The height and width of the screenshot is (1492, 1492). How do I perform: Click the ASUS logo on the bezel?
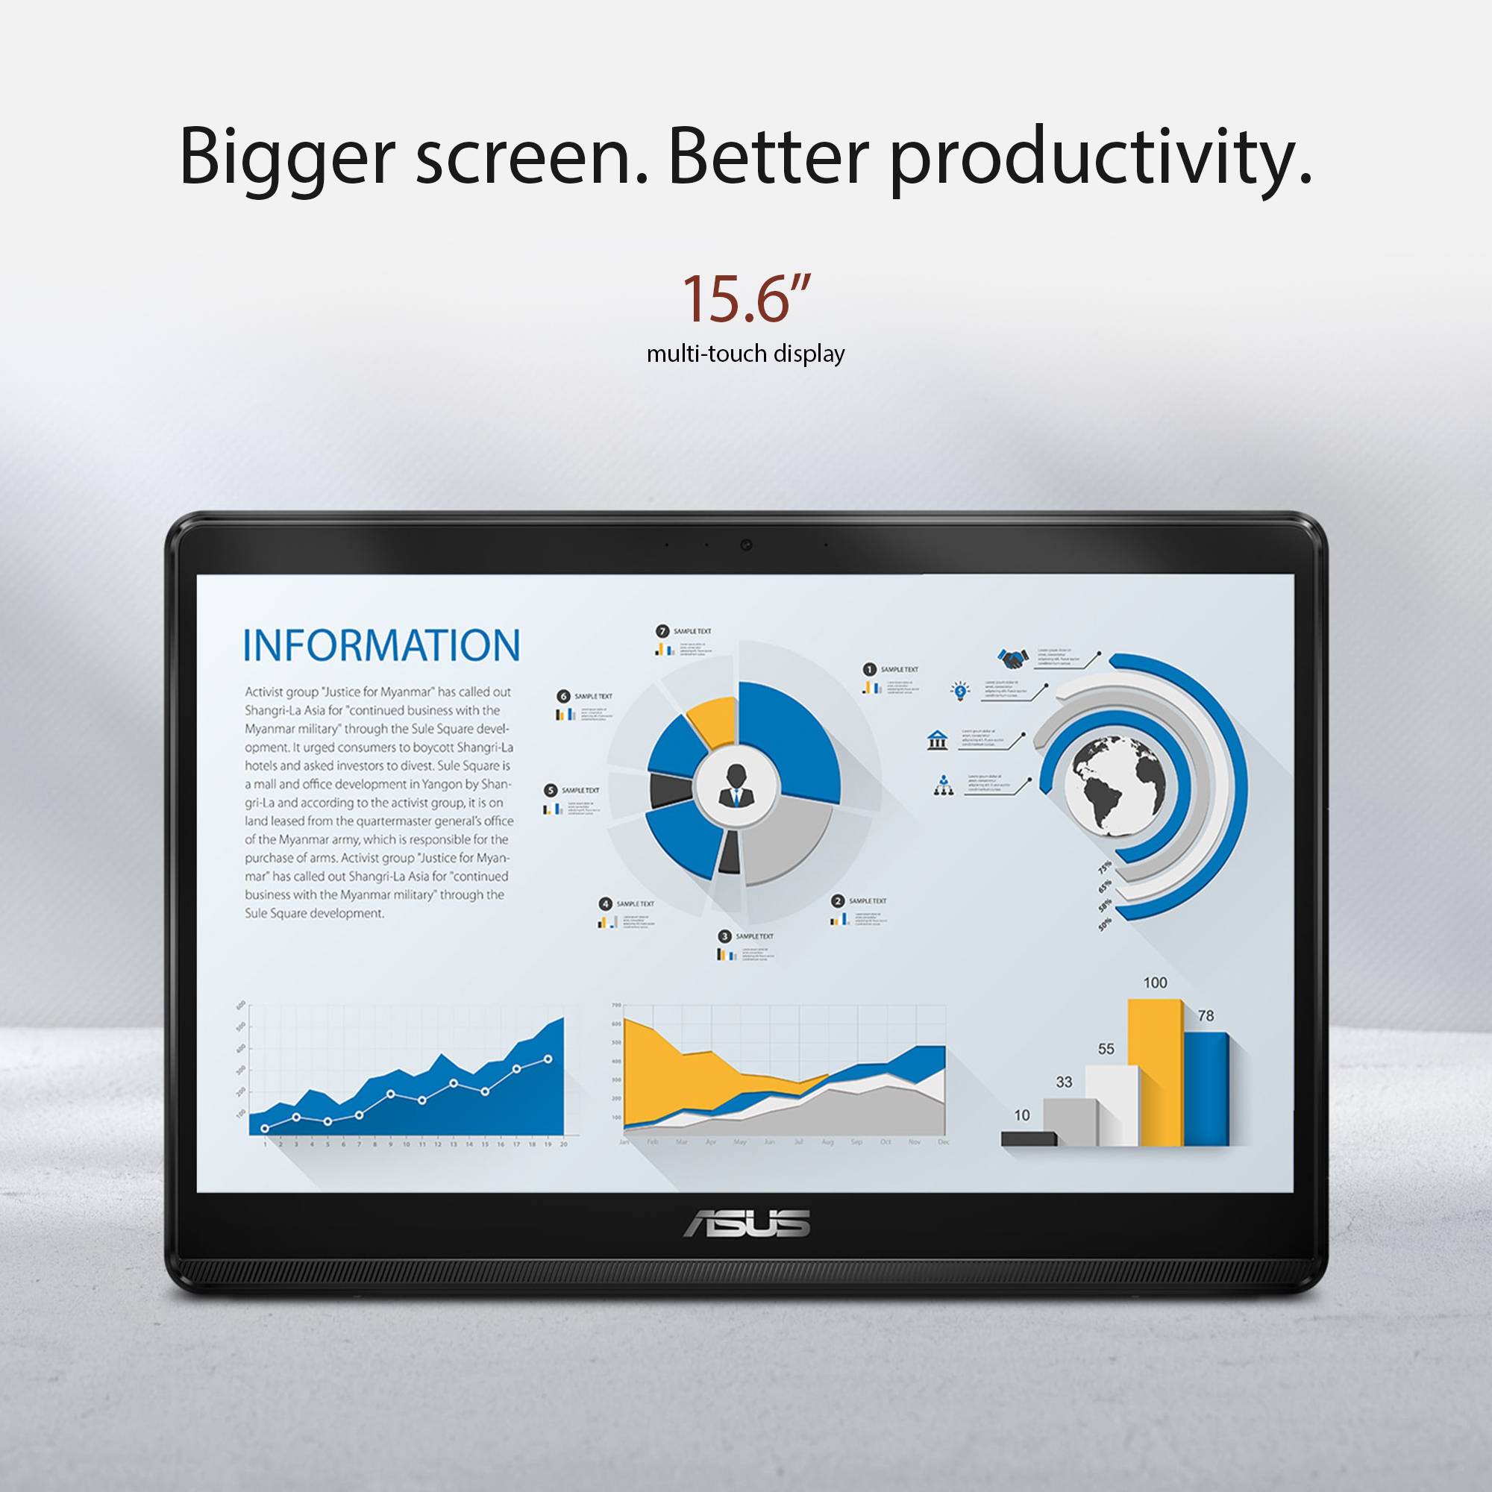pos(746,1223)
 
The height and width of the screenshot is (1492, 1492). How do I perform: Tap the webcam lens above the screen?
pos(746,545)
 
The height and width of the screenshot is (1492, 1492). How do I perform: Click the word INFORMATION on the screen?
pos(381,645)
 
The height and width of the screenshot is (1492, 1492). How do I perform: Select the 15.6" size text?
pos(746,299)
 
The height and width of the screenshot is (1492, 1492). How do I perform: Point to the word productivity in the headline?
pos(1100,158)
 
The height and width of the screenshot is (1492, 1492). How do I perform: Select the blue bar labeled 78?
pos(1206,1089)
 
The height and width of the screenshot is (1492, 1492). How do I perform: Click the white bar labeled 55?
pos(1111,1105)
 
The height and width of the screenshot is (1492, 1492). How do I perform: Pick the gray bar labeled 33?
pos(1069,1122)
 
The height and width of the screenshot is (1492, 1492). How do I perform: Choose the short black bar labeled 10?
pos(1028,1138)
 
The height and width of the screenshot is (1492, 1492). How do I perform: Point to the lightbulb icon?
pos(960,690)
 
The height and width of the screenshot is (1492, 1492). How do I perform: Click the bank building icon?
pos(938,740)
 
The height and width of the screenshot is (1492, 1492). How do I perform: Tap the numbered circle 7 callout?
pos(662,631)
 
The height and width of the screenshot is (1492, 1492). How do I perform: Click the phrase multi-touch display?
pos(745,354)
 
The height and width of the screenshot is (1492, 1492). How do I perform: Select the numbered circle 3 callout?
pos(724,936)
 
